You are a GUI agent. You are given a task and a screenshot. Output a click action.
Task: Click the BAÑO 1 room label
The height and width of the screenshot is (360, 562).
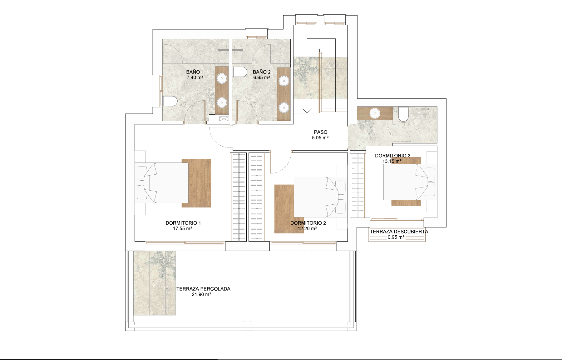pyautogui.click(x=195, y=72)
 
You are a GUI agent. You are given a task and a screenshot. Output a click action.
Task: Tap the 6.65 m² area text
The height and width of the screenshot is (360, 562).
pyautogui.click(x=262, y=77)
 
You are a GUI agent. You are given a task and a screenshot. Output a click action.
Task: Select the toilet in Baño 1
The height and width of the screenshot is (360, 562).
pyautogui.click(x=170, y=101)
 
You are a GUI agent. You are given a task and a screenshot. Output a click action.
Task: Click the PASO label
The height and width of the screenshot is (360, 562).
pyautogui.click(x=321, y=132)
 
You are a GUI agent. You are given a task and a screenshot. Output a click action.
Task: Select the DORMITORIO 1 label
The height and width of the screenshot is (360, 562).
pyautogui.click(x=183, y=223)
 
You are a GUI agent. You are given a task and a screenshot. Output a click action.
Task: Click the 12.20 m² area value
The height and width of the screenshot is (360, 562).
pyautogui.click(x=307, y=228)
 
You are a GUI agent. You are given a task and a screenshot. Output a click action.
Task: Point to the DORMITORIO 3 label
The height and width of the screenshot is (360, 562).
pyautogui.click(x=393, y=156)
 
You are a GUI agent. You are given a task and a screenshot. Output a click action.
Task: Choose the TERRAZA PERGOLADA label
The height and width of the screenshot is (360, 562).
pyautogui.click(x=203, y=289)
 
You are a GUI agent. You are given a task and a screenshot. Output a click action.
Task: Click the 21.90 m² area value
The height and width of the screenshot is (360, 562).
pyautogui.click(x=201, y=294)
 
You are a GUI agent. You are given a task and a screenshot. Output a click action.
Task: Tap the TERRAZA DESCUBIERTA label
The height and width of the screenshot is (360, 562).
pyautogui.click(x=399, y=232)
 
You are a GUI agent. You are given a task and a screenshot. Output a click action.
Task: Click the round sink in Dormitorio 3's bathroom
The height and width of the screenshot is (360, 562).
pyautogui.click(x=374, y=113)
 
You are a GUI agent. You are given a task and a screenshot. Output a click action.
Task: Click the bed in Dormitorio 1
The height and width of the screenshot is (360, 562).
pyautogui.click(x=161, y=183)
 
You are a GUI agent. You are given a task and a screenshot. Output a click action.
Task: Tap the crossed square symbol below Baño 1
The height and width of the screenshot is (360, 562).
pyautogui.click(x=224, y=119)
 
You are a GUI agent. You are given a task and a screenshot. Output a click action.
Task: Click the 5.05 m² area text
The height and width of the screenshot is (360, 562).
pyautogui.click(x=320, y=138)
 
